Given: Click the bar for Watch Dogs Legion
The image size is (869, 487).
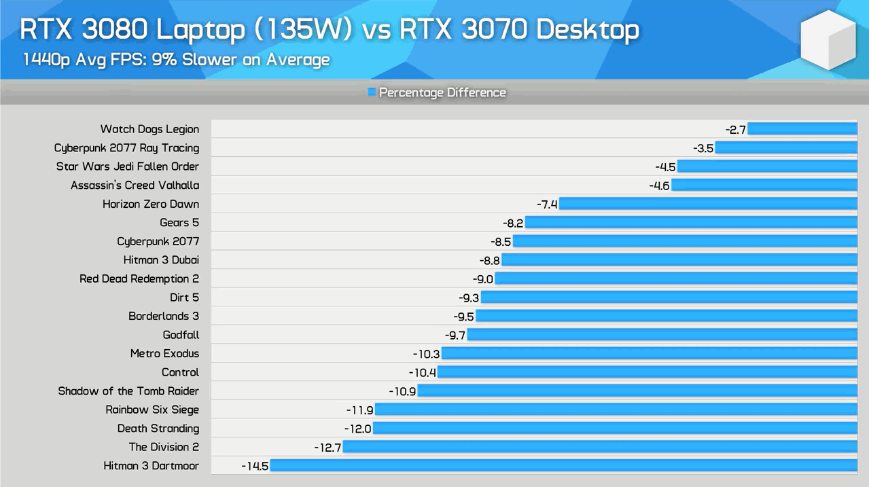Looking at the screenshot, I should (802, 129).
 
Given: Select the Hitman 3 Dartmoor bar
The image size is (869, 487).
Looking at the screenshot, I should (563, 466).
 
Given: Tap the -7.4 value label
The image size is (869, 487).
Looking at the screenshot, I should (547, 204).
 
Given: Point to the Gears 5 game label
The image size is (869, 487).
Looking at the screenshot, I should (179, 223).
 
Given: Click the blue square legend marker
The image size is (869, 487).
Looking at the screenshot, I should (372, 92).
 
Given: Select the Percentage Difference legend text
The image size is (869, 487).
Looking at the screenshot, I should (442, 92).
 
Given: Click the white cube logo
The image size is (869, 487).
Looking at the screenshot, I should (828, 39).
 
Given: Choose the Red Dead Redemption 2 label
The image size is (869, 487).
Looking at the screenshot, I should (139, 278).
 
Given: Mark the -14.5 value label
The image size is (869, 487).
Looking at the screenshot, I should (255, 466).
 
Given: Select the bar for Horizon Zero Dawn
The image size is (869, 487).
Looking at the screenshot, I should (708, 204).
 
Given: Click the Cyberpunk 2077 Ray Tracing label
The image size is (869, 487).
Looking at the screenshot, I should (127, 148).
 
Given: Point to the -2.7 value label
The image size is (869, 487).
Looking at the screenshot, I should (736, 129).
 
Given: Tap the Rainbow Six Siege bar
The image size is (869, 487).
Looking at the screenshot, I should (616, 410).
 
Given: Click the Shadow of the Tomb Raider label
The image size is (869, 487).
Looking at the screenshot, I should (128, 391).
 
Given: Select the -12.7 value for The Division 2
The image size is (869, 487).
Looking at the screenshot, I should (327, 447).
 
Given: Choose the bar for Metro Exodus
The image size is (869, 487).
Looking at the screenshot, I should (649, 354).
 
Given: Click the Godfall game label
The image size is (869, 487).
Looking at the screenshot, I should (181, 335).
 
